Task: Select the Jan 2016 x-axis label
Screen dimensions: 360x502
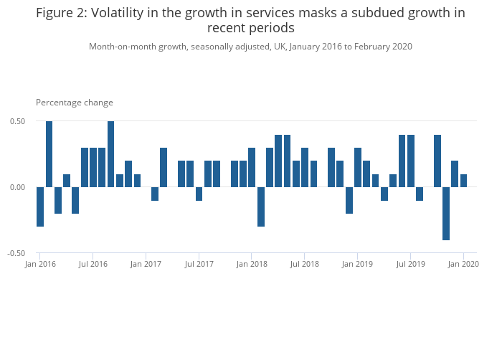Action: (40, 265)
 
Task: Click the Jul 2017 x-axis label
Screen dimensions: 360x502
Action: (199, 265)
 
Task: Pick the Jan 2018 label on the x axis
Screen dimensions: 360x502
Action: (252, 265)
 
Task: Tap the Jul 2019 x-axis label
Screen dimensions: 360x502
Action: (410, 265)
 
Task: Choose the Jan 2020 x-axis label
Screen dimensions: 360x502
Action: (463, 265)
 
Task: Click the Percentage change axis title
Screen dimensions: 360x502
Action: (75, 103)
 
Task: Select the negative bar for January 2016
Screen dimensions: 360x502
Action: (40, 207)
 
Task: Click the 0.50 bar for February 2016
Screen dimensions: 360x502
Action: (49, 154)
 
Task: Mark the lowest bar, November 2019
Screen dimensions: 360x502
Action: (446, 213)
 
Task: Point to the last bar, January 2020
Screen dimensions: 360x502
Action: (463, 181)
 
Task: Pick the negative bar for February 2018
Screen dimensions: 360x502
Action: (261, 207)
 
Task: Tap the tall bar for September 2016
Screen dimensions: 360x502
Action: (110, 154)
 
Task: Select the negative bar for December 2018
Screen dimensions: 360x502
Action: (349, 200)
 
